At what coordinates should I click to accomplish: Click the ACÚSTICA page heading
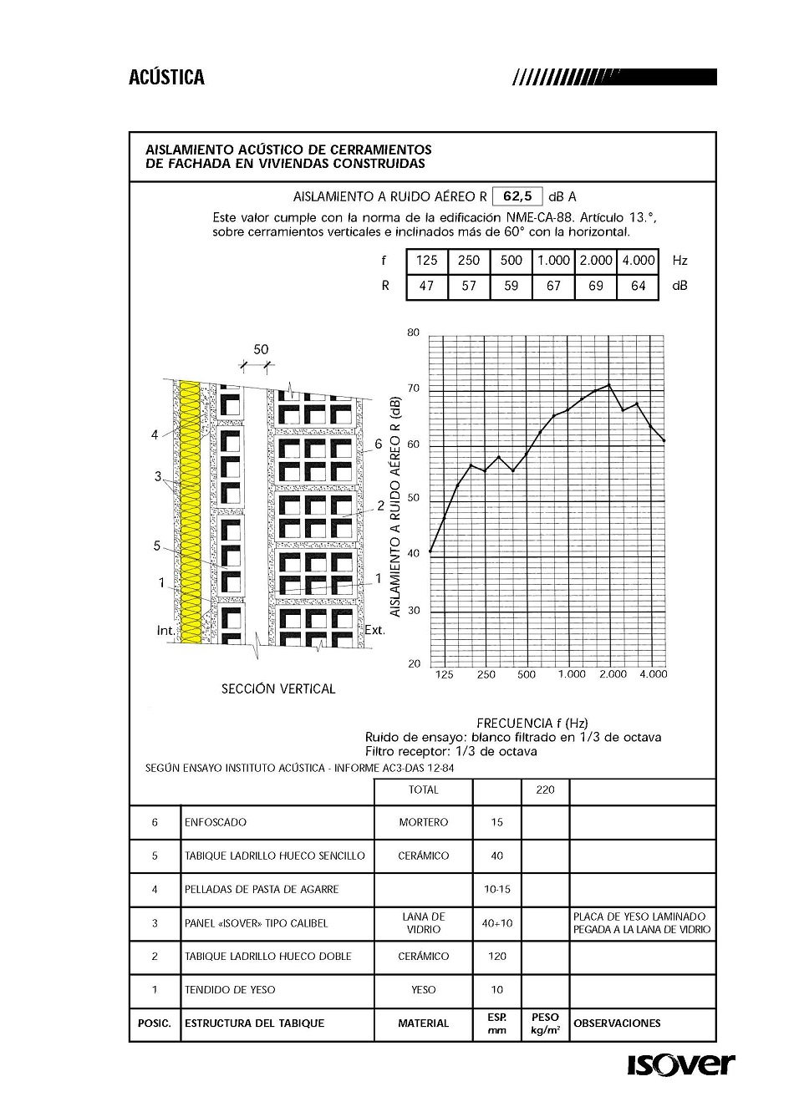tap(166, 78)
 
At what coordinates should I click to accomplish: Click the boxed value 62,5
tap(517, 196)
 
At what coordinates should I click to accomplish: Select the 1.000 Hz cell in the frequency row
tap(553, 261)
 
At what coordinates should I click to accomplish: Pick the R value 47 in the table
tap(426, 286)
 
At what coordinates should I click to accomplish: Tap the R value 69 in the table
tap(596, 286)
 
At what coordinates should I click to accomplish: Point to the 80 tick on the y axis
tap(413, 333)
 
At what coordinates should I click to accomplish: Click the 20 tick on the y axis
tap(414, 664)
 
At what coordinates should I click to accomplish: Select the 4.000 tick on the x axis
tap(653, 674)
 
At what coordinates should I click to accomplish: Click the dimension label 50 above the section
tap(261, 349)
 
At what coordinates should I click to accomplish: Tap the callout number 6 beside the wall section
tap(378, 444)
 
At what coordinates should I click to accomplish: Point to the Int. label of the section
tap(165, 630)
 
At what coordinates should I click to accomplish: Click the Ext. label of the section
tap(375, 630)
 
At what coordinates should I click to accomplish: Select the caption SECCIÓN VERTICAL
tap(278, 689)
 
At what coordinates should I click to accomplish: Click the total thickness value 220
tap(545, 790)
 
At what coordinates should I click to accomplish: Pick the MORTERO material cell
tap(423, 822)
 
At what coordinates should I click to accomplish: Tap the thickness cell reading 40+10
tap(497, 923)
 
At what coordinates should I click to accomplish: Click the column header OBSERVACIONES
tap(617, 1023)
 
